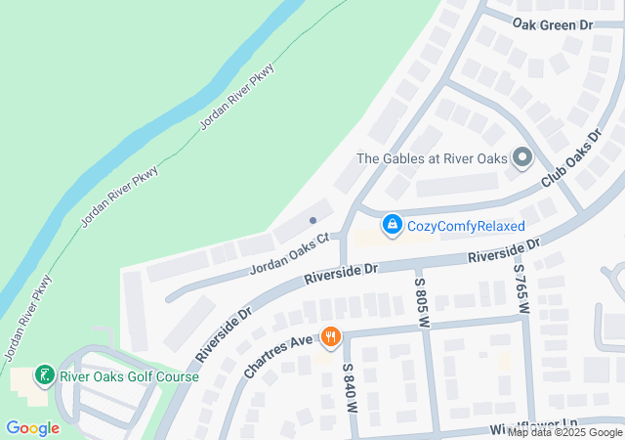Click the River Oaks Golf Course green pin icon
43,375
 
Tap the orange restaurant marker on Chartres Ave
331,337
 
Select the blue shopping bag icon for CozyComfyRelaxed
392,226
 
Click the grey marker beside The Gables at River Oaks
521,157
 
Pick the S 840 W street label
347,387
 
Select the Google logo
32,427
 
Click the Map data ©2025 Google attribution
564,432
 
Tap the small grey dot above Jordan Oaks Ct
312,220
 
